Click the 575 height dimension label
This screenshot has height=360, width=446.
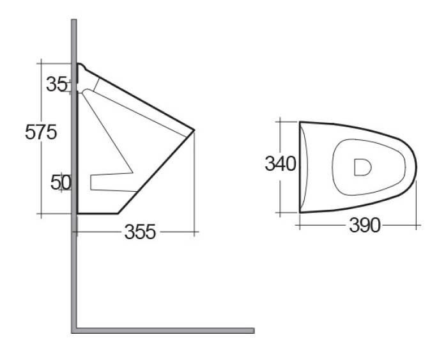click(x=41, y=132)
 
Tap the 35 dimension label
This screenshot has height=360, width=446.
click(x=57, y=84)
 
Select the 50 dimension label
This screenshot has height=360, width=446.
click(x=61, y=182)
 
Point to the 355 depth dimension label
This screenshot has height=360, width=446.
click(x=140, y=231)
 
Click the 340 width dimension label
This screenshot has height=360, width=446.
click(x=281, y=164)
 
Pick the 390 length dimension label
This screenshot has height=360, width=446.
click(x=365, y=225)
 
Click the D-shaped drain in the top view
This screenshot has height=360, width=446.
click(x=363, y=168)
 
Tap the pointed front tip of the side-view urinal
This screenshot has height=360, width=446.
click(x=194, y=130)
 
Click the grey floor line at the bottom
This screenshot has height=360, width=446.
click(x=165, y=331)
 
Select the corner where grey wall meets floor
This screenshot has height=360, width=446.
click(x=74, y=331)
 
